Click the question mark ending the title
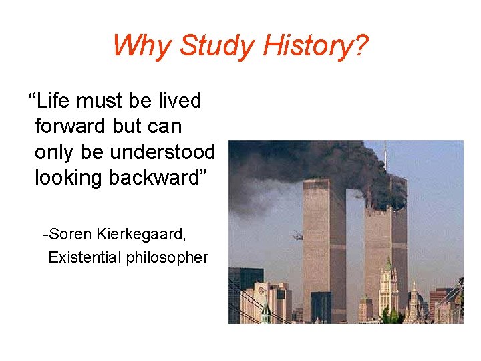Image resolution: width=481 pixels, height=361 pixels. click(x=361, y=46)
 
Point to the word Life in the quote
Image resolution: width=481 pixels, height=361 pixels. click(x=55, y=101)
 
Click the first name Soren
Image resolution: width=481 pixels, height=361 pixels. click(x=71, y=235)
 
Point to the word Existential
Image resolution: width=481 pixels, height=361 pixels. click(x=84, y=257)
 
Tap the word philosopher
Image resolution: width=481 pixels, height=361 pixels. click(x=170, y=258)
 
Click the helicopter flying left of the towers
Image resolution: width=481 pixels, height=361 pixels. click(x=296, y=235)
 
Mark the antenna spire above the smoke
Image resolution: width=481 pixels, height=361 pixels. click(x=385, y=152)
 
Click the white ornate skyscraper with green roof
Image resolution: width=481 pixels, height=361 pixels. click(x=387, y=287)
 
